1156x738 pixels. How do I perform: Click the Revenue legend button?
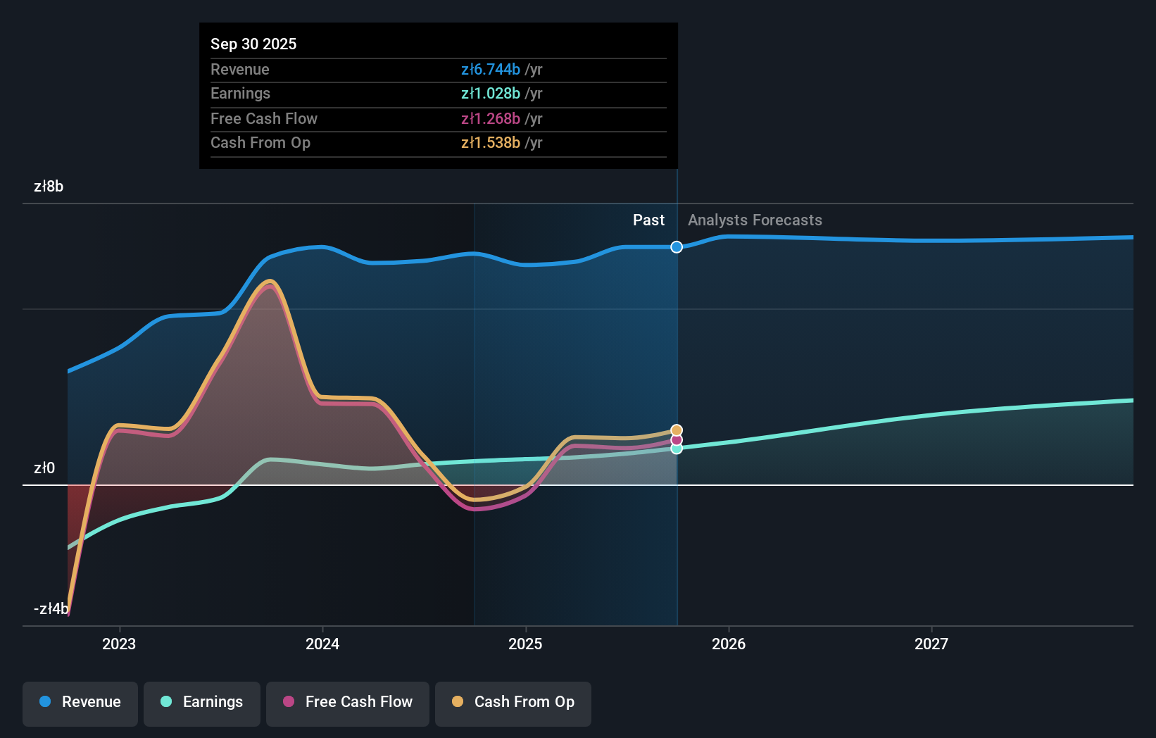tap(80, 703)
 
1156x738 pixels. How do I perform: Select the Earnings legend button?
tap(202, 703)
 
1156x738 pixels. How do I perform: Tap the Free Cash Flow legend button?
tap(348, 703)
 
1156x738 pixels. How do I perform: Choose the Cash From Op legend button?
tap(513, 703)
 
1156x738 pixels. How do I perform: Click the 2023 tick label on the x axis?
tap(119, 644)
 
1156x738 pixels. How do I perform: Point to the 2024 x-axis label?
tap(322, 644)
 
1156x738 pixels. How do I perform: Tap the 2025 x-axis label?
tap(525, 644)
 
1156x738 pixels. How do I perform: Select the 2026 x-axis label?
tap(729, 644)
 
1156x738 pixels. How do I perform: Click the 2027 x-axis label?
tap(931, 644)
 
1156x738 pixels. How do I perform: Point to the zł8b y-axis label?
tap(49, 187)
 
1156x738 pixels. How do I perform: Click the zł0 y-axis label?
tap(44, 468)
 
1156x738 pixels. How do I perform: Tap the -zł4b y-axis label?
tap(51, 609)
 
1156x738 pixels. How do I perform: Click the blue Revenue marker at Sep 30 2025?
tap(677, 247)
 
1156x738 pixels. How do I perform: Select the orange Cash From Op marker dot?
tap(677, 430)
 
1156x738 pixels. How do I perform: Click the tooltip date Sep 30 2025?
tap(253, 44)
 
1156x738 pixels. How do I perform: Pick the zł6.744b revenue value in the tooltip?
tap(491, 69)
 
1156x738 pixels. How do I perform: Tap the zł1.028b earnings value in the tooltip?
tap(491, 94)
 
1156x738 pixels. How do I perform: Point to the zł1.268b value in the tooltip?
tap(491, 118)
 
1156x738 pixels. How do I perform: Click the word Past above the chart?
tap(648, 220)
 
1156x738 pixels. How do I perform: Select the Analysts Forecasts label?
tap(755, 220)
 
